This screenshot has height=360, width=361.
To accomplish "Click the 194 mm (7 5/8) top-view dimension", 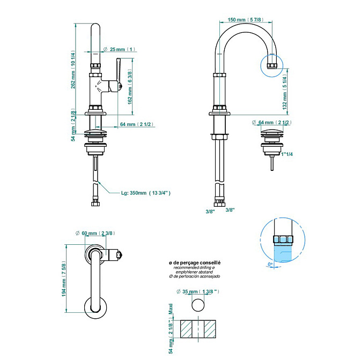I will point(64,278).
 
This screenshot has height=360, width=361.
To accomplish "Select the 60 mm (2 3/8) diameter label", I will point(97,233).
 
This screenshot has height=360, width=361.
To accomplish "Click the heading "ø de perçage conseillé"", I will point(195,262).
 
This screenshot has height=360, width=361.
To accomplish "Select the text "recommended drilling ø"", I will point(194,267).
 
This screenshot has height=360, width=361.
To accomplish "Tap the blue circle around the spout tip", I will point(271,66).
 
